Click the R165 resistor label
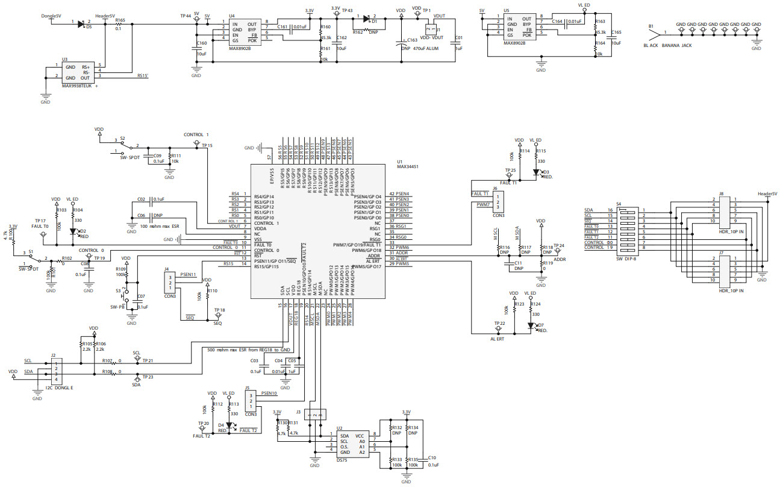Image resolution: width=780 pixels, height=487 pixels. click(120, 20)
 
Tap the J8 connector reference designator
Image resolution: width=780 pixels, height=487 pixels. click(721, 193)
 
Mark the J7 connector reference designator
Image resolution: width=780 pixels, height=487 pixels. click(721, 254)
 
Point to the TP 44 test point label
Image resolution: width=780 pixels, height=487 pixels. click(186, 15)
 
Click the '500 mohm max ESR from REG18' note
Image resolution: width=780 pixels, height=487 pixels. click(249, 350)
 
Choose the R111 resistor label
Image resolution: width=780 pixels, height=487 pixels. click(176, 155)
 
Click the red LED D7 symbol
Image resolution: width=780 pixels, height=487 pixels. click(531, 325)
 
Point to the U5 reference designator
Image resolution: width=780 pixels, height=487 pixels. click(506, 11)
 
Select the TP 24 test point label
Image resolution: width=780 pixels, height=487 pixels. click(559, 246)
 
